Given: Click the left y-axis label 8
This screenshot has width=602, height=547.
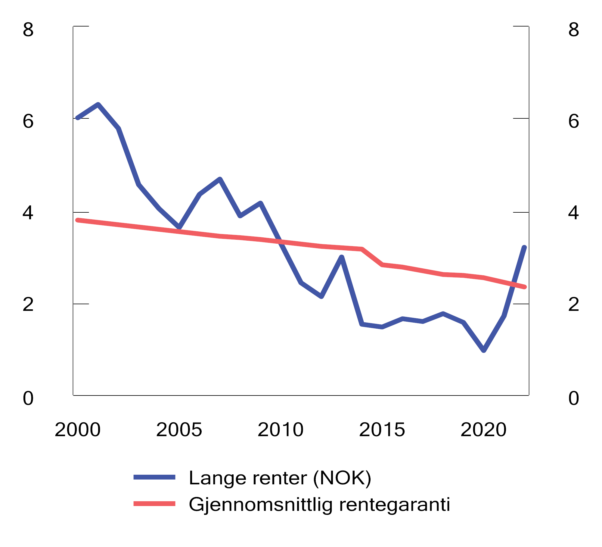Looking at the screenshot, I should coord(28,30).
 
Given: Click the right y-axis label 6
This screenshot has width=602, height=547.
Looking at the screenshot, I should coord(573,122).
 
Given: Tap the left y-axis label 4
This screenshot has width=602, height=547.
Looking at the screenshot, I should coord(28,213).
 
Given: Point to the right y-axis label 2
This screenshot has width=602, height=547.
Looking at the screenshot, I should coord(573,305).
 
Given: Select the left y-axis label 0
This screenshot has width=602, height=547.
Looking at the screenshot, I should coord(28,399).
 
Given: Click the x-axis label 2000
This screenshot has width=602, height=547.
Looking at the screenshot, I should coord(77,430).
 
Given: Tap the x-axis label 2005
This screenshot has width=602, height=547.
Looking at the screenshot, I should coord(179,430).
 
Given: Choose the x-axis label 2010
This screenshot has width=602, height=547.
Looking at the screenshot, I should coord(281,430).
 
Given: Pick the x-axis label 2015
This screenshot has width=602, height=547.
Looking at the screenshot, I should coord(382,430).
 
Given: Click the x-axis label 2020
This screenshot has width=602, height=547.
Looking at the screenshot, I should coord(483,430).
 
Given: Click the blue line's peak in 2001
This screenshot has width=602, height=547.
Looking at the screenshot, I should coord(98,105).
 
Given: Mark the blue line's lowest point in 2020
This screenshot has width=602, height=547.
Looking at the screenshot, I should coord(484,350).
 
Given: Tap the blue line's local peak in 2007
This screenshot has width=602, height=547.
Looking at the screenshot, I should coord(220,179).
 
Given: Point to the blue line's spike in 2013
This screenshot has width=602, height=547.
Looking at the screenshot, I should coord(342,257).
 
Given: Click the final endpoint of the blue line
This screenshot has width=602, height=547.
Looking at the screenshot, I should coord(524,248).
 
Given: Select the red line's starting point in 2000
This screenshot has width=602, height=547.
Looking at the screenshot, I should coord(78,220).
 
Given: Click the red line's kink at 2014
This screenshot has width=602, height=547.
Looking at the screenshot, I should coord(362,249).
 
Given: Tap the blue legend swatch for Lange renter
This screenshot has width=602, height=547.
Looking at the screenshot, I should coord(154,477).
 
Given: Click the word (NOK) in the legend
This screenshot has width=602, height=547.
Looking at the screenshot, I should coord(342,478).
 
